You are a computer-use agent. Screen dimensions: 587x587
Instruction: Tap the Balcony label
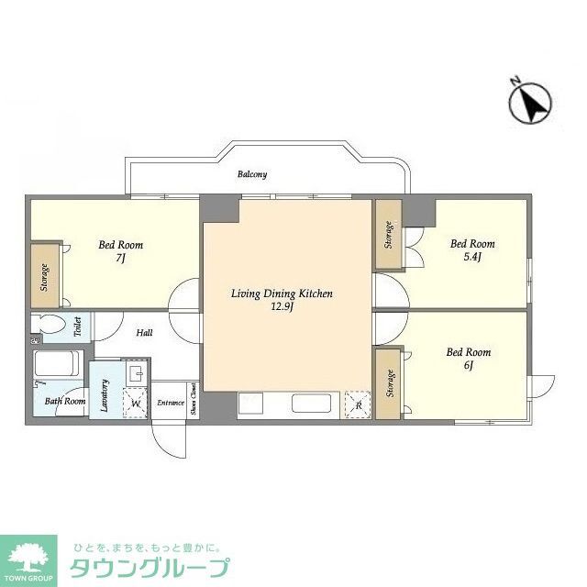point(251,174)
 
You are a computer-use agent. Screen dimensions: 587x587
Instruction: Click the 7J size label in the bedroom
point(120,260)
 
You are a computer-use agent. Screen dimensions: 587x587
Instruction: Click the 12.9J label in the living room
point(281,307)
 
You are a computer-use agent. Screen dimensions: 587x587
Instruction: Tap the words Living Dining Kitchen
point(281,293)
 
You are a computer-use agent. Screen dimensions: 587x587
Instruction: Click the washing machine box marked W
point(135,403)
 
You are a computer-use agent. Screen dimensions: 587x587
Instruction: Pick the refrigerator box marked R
point(357,404)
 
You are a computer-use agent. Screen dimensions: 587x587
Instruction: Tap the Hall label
point(144,333)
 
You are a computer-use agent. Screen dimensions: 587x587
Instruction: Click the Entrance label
point(171,402)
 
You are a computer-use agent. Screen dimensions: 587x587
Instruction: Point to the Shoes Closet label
point(193,401)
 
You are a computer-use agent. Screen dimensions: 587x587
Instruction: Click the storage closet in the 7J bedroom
point(44,277)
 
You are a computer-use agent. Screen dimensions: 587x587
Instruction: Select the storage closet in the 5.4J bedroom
point(388,235)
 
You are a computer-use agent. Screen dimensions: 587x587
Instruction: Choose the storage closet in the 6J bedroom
point(388,383)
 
